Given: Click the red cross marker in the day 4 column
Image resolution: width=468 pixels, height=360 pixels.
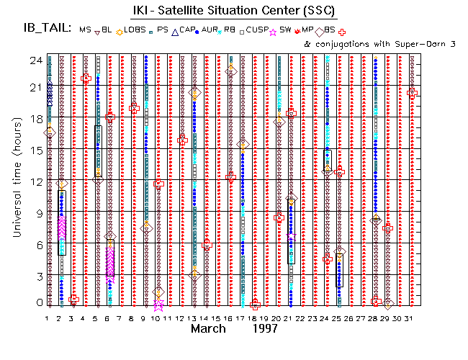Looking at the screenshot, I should point(86,78).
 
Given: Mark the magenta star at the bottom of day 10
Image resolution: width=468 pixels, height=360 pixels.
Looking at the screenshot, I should point(158,305).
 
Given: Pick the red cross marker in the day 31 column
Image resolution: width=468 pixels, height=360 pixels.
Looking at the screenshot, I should point(412,92).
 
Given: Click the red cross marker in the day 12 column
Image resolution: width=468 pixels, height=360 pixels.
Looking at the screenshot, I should point(182,140).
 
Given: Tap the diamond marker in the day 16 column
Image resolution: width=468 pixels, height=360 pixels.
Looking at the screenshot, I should point(231,71).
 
